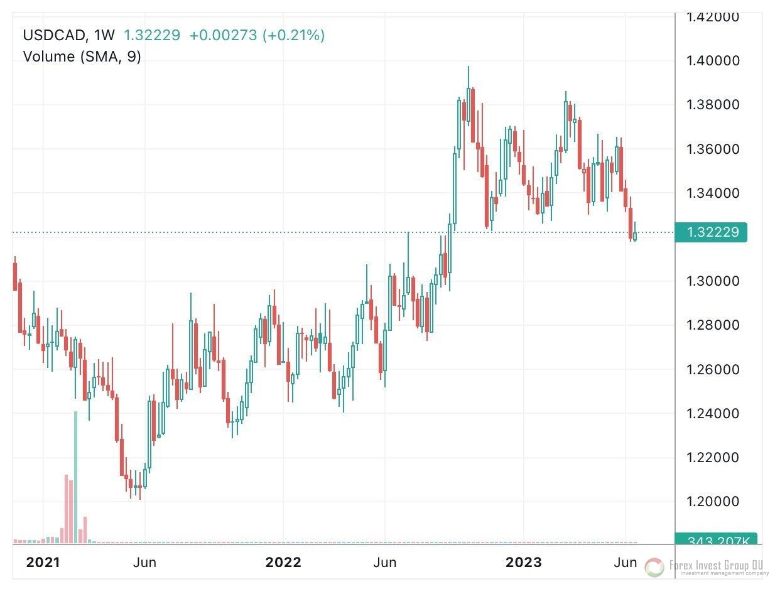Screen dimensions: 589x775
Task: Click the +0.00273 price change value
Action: pyautogui.click(x=223, y=36)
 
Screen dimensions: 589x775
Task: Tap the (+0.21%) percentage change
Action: pyautogui.click(x=294, y=36)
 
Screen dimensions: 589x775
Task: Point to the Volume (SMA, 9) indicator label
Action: pyautogui.click(x=82, y=57)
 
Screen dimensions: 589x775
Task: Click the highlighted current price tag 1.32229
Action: pyautogui.click(x=712, y=232)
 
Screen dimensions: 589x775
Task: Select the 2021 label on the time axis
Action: pyautogui.click(x=43, y=562)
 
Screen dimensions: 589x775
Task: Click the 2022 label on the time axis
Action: pyautogui.click(x=283, y=562)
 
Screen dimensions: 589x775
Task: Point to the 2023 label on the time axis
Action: pyautogui.click(x=524, y=562)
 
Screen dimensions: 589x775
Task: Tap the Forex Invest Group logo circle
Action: pyautogui.click(x=654, y=568)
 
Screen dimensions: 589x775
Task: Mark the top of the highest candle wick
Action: pyautogui.click(x=469, y=66)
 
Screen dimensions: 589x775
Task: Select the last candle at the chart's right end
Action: pyautogui.click(x=636, y=235)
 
